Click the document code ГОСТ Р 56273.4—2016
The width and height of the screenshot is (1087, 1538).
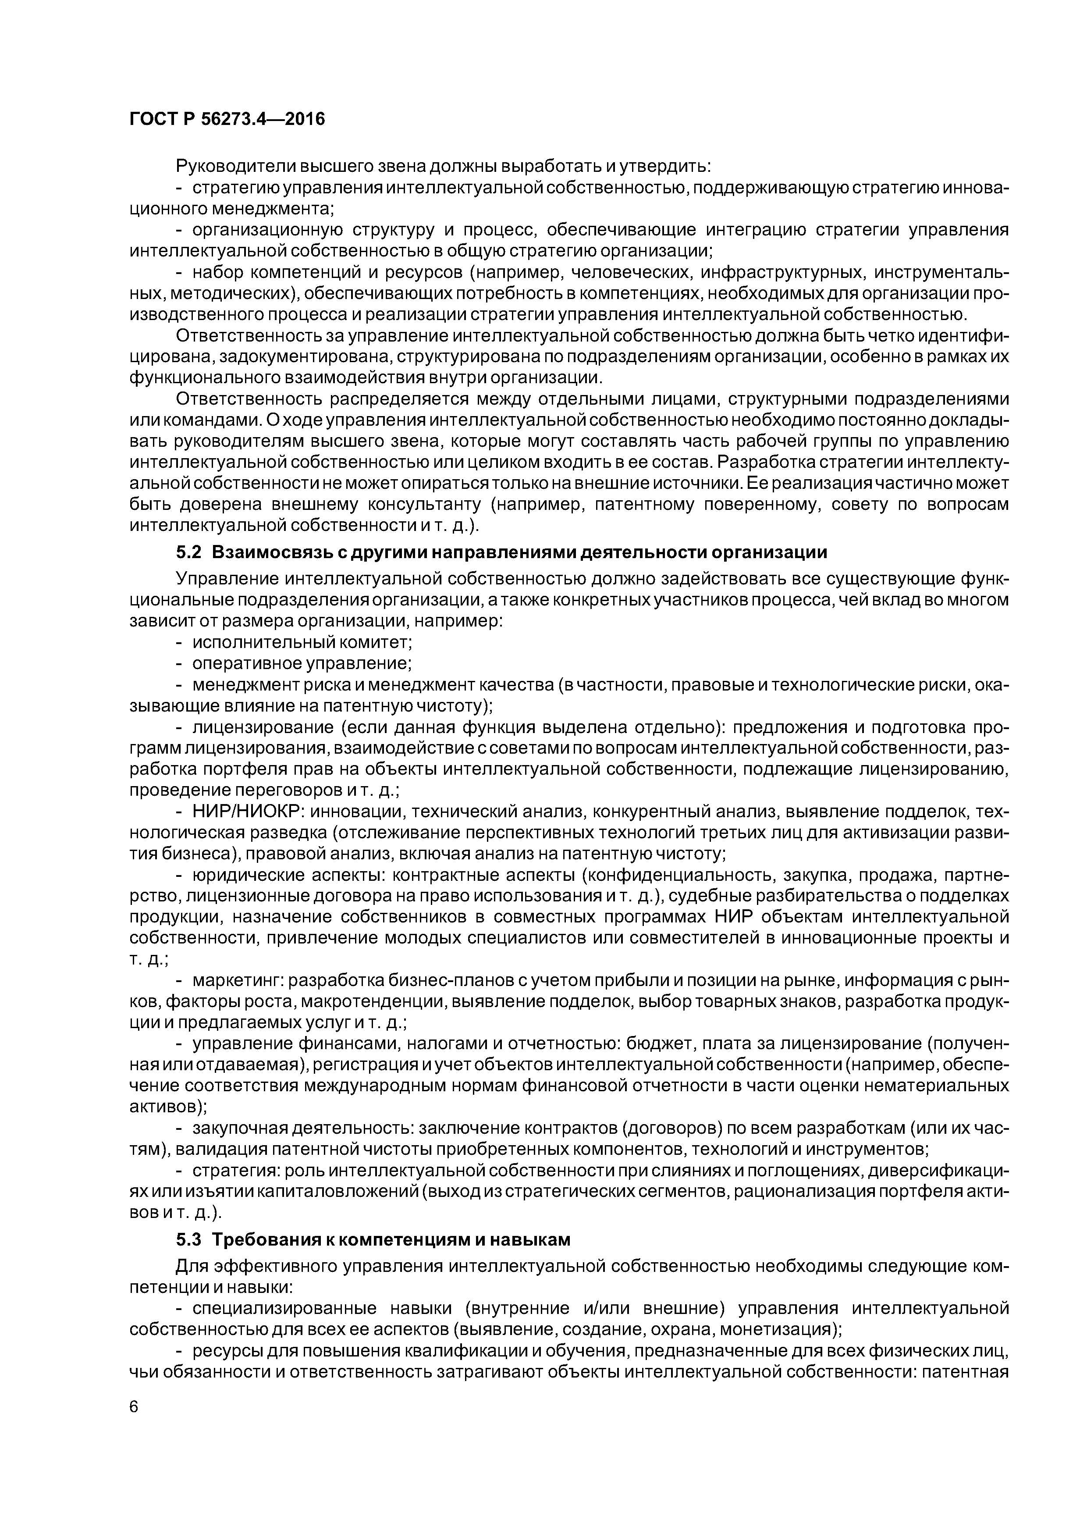pyautogui.click(x=226, y=119)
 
